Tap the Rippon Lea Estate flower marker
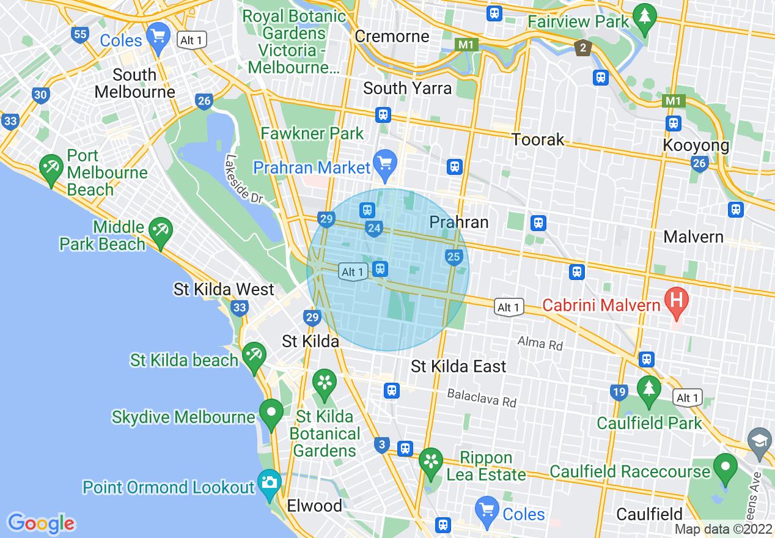[431, 461]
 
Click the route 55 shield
[80, 34]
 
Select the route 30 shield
[41, 95]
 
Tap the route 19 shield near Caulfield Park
[619, 392]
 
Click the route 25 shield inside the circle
[454, 257]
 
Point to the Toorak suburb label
[538, 139]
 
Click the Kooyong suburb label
[696, 146]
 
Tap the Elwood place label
[315, 506]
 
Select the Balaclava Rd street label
[482, 397]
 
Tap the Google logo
[41, 523]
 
